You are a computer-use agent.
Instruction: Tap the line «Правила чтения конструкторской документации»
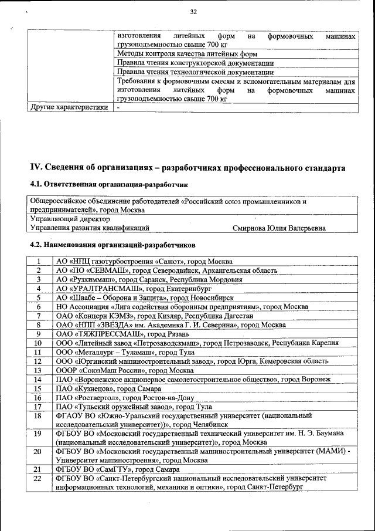coord(195,63)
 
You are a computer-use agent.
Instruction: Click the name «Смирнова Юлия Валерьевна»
coord(279,228)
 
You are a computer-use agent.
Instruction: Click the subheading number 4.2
coord(37,244)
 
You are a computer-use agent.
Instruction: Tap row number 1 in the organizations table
coord(38,261)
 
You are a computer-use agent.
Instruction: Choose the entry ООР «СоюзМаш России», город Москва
coord(124,370)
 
